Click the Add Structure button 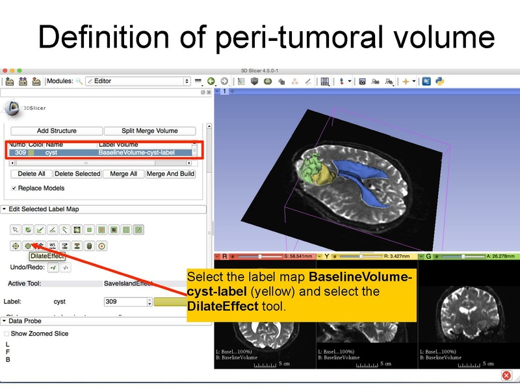coord(57,131)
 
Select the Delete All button coord(32,174)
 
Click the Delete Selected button coord(77,174)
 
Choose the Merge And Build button coord(170,174)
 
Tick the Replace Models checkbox coord(14,188)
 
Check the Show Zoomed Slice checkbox coord(7,333)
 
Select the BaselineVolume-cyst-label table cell coord(144,152)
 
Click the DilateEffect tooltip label coord(47,256)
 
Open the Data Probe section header coord(26,321)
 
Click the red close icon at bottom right coord(506,376)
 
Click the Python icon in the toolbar coord(440,81)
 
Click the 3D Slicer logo coord(23,108)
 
